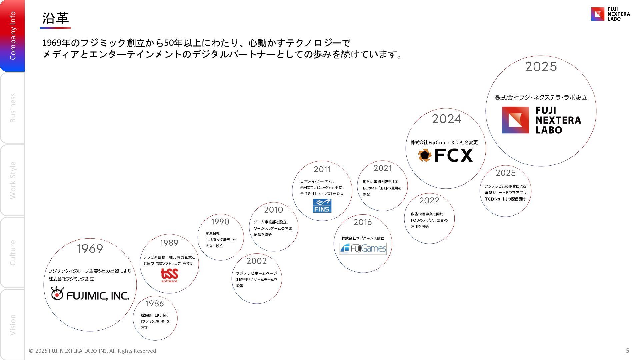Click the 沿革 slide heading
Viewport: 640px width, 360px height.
coord(55,18)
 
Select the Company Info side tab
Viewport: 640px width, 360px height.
coord(13,36)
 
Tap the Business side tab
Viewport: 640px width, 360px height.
coord(13,108)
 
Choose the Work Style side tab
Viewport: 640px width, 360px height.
coord(13,180)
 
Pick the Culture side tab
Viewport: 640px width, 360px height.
coord(13,252)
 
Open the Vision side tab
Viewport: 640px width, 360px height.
coord(13,324)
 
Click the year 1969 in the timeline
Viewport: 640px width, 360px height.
coord(90,249)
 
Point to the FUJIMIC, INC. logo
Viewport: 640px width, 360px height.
coord(90,294)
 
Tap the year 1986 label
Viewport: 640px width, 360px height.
coord(155,303)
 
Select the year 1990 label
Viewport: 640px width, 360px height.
coord(220,222)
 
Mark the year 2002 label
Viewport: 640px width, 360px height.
coord(256,261)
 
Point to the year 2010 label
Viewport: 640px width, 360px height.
coord(273,210)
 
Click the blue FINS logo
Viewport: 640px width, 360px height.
coord(322,206)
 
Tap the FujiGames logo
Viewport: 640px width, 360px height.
coord(363,248)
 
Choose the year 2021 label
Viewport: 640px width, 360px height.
coord(382,168)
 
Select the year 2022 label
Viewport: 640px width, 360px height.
coord(429,201)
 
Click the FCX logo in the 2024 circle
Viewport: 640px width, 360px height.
coord(445,155)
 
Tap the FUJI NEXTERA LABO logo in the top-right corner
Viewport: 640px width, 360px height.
coord(610,14)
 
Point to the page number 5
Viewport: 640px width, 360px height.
coord(627,350)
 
